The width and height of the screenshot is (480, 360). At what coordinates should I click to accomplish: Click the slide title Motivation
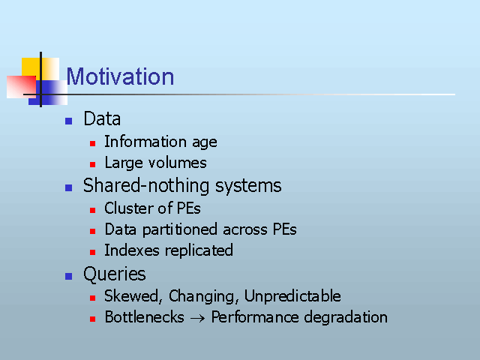point(120,76)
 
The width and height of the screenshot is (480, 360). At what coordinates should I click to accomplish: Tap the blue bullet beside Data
point(68,121)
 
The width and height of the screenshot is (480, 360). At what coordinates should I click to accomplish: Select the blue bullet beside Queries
point(68,276)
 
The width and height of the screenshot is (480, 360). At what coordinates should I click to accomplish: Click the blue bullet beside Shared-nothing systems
point(68,187)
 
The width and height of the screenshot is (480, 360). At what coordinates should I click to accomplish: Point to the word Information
point(145,142)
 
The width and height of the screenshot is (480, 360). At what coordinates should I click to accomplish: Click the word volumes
point(177,163)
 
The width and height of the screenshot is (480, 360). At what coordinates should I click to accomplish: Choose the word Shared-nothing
point(146,186)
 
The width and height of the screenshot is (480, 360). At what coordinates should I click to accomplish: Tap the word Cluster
point(129,208)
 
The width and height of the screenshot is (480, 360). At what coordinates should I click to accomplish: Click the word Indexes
point(132,250)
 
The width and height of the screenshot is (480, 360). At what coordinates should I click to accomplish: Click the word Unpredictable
point(292,296)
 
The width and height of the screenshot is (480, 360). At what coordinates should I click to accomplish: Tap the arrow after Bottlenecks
point(197,318)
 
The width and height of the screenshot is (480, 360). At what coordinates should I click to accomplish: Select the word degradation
point(346,317)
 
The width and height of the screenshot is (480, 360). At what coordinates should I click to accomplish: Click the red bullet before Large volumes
point(93,165)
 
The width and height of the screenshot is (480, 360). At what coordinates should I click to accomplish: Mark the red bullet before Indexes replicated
point(93,252)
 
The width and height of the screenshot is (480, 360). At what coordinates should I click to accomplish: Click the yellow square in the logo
point(40,69)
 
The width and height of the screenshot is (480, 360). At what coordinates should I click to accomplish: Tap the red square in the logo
point(21,87)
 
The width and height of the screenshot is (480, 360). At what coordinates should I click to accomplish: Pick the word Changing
point(202,297)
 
